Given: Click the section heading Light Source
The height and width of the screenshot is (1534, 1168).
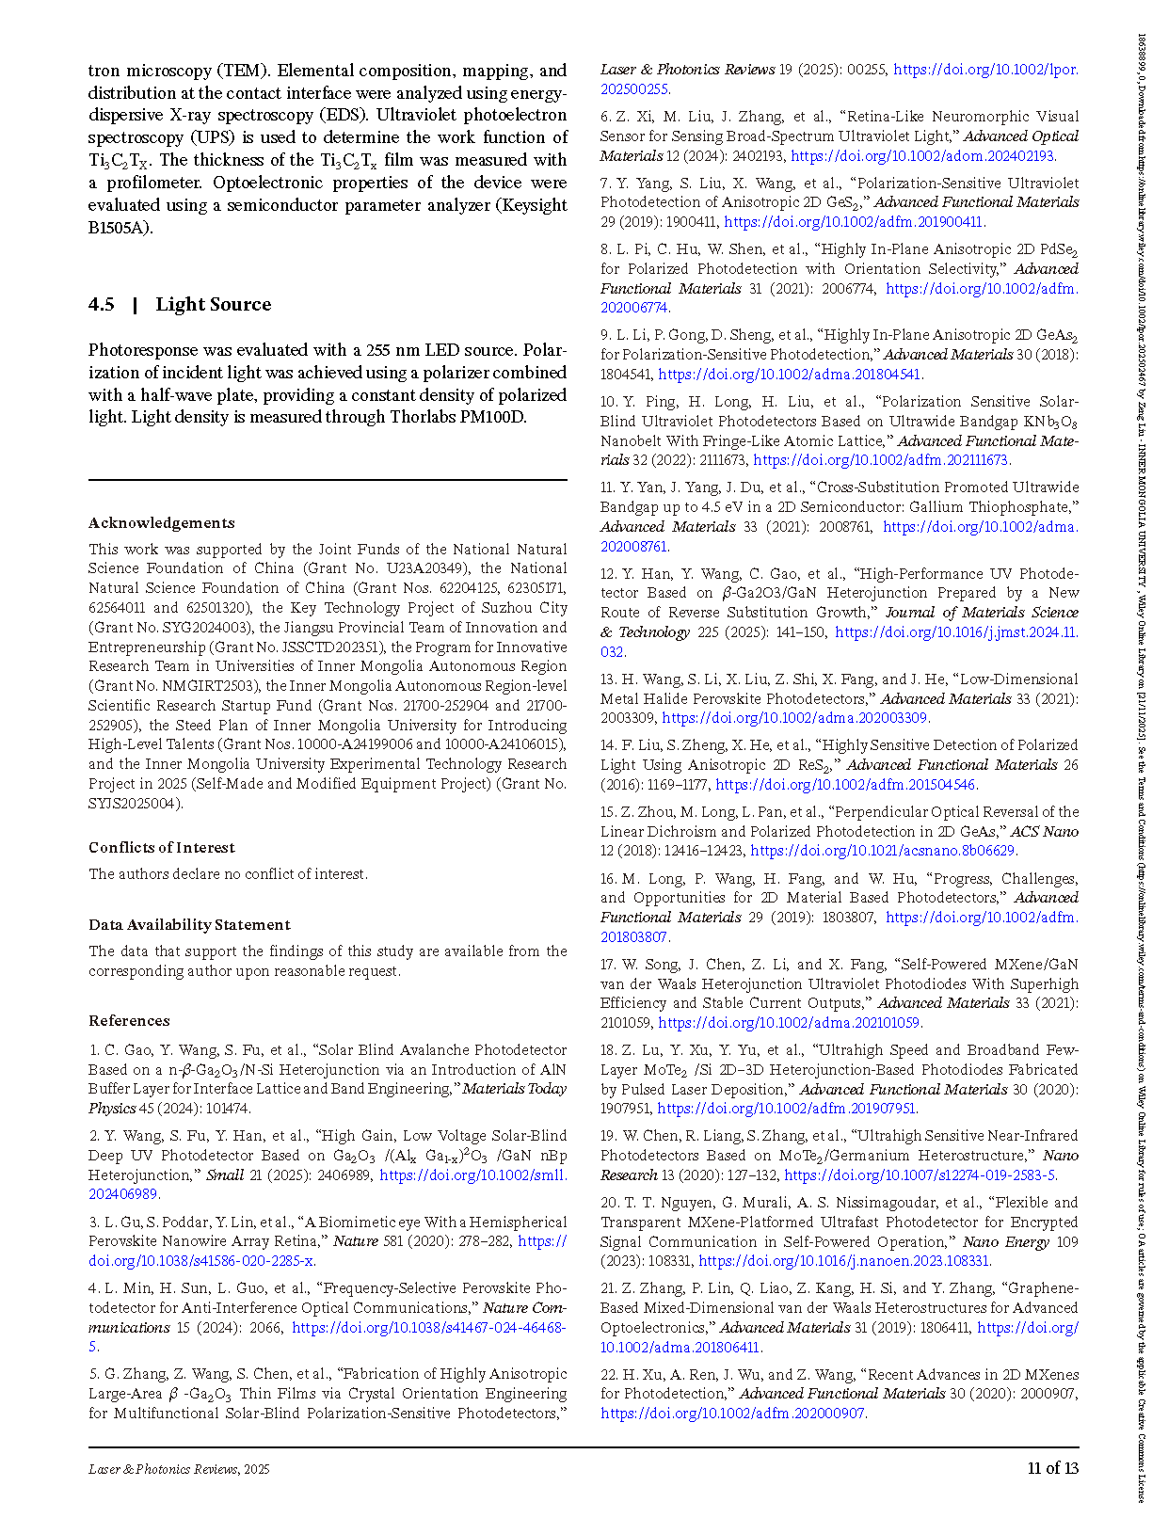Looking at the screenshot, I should click(x=213, y=304).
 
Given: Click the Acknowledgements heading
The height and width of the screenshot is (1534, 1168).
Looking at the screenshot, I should click(x=162, y=523).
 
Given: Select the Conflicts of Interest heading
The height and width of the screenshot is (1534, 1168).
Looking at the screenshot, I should click(x=162, y=847).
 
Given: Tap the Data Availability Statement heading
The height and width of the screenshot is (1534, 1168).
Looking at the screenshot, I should click(x=189, y=924).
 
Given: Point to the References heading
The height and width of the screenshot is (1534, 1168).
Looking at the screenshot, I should click(x=129, y=1020).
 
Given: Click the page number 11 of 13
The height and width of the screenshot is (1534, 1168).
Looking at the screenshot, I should click(x=1052, y=1468).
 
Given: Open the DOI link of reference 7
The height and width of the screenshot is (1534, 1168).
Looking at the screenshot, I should click(x=854, y=222).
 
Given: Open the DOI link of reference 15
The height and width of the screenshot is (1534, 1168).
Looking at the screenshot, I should click(x=883, y=851).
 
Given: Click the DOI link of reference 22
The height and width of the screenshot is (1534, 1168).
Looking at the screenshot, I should click(x=732, y=1414).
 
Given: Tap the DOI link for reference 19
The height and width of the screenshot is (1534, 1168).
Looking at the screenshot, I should click(x=920, y=1175).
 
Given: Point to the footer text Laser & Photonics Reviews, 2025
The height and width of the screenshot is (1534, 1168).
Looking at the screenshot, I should click(x=179, y=1469).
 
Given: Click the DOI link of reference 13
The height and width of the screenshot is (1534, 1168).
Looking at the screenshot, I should click(x=795, y=718).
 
